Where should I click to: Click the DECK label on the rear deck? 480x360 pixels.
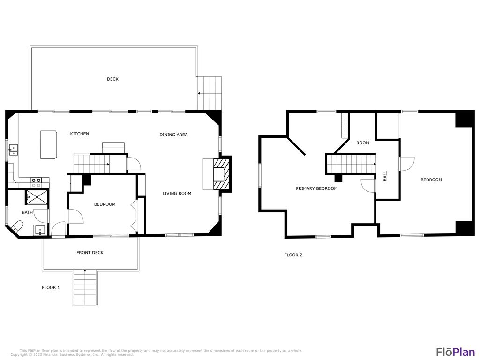[x=112, y=79]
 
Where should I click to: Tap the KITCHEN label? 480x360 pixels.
[x=79, y=134]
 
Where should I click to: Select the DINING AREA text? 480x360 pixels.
[x=173, y=135]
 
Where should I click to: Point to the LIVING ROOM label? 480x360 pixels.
[x=177, y=193]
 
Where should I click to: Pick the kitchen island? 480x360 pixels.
[x=49, y=145]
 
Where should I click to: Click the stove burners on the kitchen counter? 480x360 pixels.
[x=40, y=180]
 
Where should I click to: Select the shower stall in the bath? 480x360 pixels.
[x=36, y=196]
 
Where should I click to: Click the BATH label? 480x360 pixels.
[x=27, y=212]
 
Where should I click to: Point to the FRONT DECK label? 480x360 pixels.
[x=90, y=253]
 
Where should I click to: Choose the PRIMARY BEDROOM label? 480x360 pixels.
[x=316, y=188]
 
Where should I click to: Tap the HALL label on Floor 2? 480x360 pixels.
[x=385, y=176]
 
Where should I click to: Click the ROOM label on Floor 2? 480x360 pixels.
[x=362, y=143]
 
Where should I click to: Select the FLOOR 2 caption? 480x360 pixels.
[x=293, y=255]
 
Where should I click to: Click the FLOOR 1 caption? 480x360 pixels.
[x=51, y=287]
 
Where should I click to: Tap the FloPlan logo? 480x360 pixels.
[x=455, y=352]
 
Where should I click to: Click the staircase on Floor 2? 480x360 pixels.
[x=352, y=165]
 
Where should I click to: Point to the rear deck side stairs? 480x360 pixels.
[x=210, y=93]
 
